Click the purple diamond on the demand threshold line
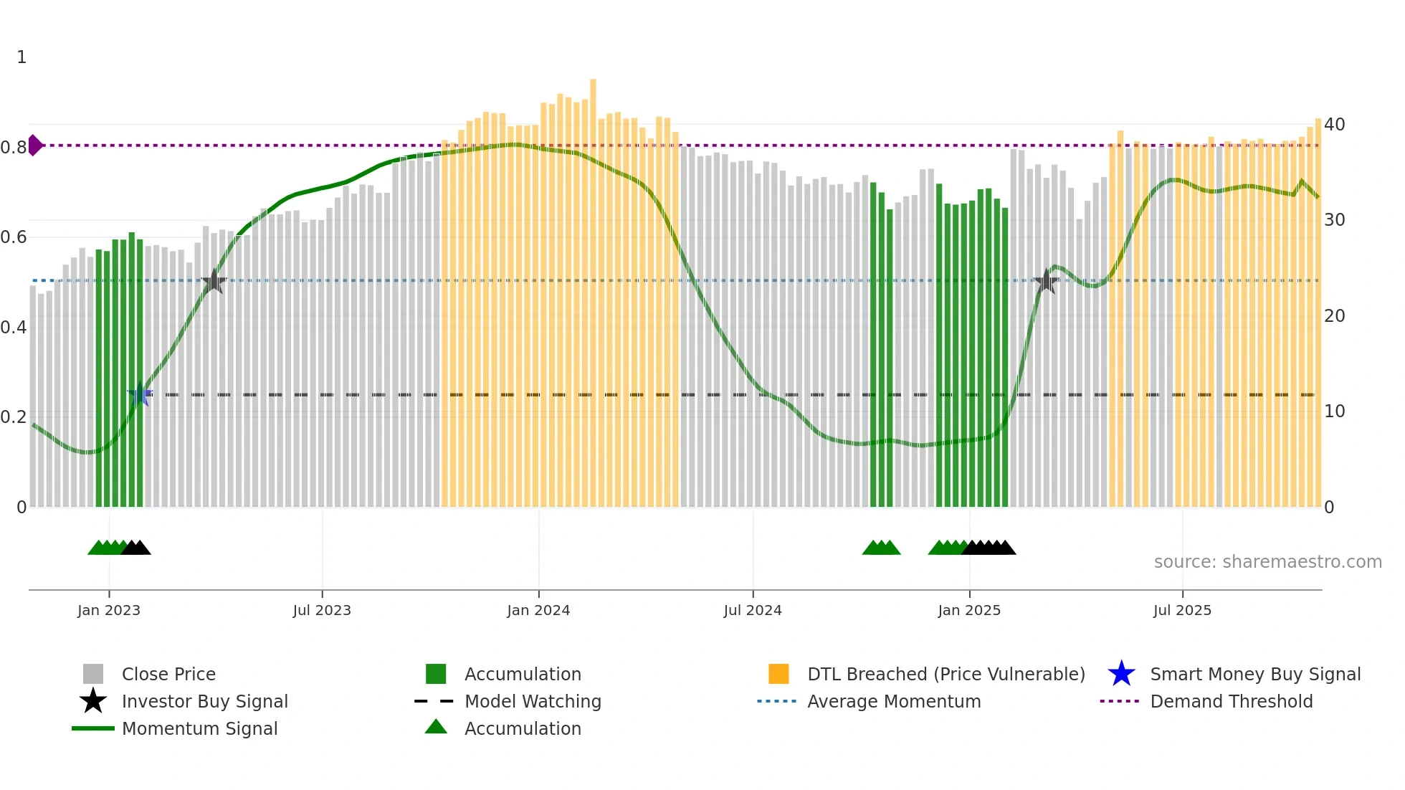34,145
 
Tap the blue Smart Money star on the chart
139,394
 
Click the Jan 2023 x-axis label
109,610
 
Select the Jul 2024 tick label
753,610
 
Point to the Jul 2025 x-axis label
1182,610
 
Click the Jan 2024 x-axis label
538,610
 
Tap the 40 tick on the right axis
1334,125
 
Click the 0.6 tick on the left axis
14,237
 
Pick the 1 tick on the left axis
22,57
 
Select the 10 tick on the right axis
1334,411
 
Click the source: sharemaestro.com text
1267,562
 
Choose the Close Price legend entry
168,674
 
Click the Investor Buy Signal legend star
93,701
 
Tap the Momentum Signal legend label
199,728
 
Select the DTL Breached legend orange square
778,674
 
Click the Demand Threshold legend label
1231,701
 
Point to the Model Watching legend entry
533,701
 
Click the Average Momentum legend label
894,701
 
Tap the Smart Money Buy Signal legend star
1121,674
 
